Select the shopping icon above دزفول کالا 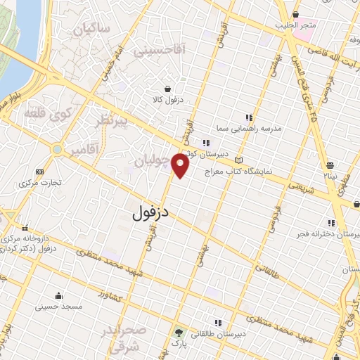[167, 89]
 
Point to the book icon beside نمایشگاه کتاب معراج [239, 160]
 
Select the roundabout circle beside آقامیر [56, 149]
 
